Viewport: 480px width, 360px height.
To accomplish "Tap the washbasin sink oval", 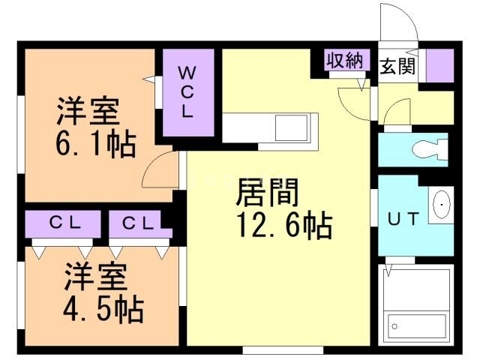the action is point(442,205).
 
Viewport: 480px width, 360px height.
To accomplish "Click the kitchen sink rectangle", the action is point(291,127).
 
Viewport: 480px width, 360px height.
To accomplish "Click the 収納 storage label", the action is point(345,60).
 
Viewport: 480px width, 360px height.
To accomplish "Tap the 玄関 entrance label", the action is point(397,66).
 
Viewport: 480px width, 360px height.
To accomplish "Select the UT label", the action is point(403,218).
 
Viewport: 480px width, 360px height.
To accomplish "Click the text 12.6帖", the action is point(285,225).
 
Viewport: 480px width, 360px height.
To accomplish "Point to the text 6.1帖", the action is point(96,144).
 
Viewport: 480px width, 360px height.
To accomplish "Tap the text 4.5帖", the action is point(103,309).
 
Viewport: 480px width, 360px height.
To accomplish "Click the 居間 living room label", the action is point(267,192).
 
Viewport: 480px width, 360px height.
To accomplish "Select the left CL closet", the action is point(63,224).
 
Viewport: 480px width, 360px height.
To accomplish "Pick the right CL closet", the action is point(139,224).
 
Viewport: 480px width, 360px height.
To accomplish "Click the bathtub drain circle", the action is point(394,327).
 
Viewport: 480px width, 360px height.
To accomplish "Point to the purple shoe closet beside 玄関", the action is point(439,65).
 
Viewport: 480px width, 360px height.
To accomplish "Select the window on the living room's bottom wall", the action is point(283,349).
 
